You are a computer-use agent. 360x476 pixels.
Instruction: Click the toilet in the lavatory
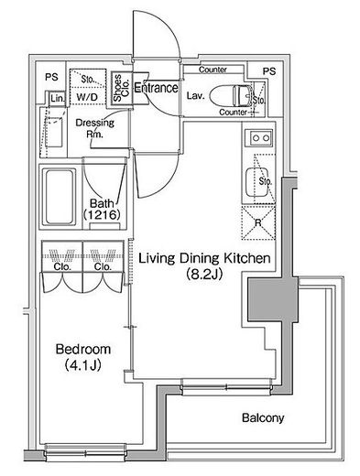coord(231,95)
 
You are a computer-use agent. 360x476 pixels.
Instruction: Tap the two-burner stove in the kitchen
coord(261,138)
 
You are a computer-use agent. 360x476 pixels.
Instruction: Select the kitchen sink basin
coord(257,182)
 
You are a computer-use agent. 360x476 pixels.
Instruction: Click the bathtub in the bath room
coord(59,197)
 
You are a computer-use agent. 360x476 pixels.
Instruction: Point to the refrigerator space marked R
coord(258,222)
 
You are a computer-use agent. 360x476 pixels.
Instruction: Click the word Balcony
coord(263,417)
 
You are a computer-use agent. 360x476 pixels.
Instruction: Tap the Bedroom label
coord(83,349)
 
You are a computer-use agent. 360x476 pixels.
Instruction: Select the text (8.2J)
coord(204,275)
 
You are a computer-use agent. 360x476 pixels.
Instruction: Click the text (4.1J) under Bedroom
coord(83,365)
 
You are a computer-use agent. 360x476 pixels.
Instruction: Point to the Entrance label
coord(156,88)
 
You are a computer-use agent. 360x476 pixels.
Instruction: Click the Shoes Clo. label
coord(121,88)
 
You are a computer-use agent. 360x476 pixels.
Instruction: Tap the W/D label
coord(87,97)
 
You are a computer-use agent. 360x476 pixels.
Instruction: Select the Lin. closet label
coord(58,98)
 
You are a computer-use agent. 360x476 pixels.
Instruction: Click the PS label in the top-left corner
coord(51,77)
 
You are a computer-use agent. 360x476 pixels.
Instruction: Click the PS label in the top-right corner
coord(269,71)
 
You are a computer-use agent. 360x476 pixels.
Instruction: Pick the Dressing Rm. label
coord(94,128)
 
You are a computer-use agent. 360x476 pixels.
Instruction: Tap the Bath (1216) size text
coord(102,210)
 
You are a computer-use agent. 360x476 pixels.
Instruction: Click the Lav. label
coord(195,96)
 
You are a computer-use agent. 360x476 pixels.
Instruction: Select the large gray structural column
coord(272,299)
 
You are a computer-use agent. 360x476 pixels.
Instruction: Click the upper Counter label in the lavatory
coord(213,70)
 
